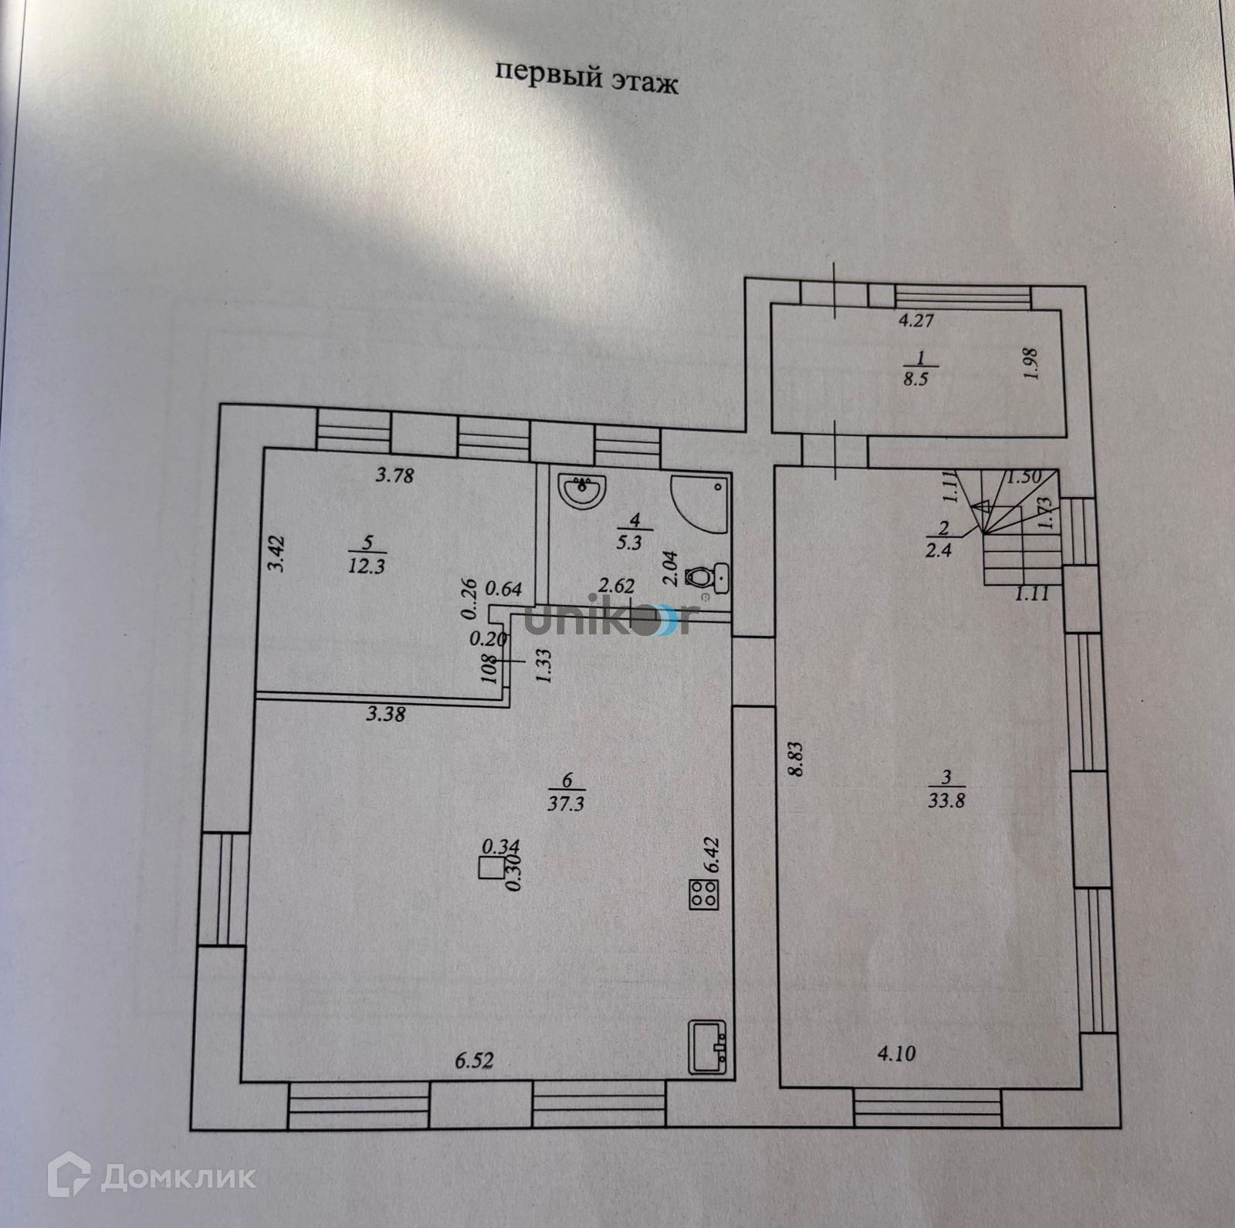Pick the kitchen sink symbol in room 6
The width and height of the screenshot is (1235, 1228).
[707, 1047]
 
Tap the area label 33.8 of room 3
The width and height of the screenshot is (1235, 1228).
[948, 800]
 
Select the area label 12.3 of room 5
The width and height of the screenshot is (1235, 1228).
[367, 565]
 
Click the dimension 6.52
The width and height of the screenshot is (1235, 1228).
[473, 1061]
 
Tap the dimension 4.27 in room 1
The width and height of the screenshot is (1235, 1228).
[917, 320]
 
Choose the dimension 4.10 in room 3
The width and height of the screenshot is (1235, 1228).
[897, 1052]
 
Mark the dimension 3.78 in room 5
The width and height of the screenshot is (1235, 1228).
[394, 475]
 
